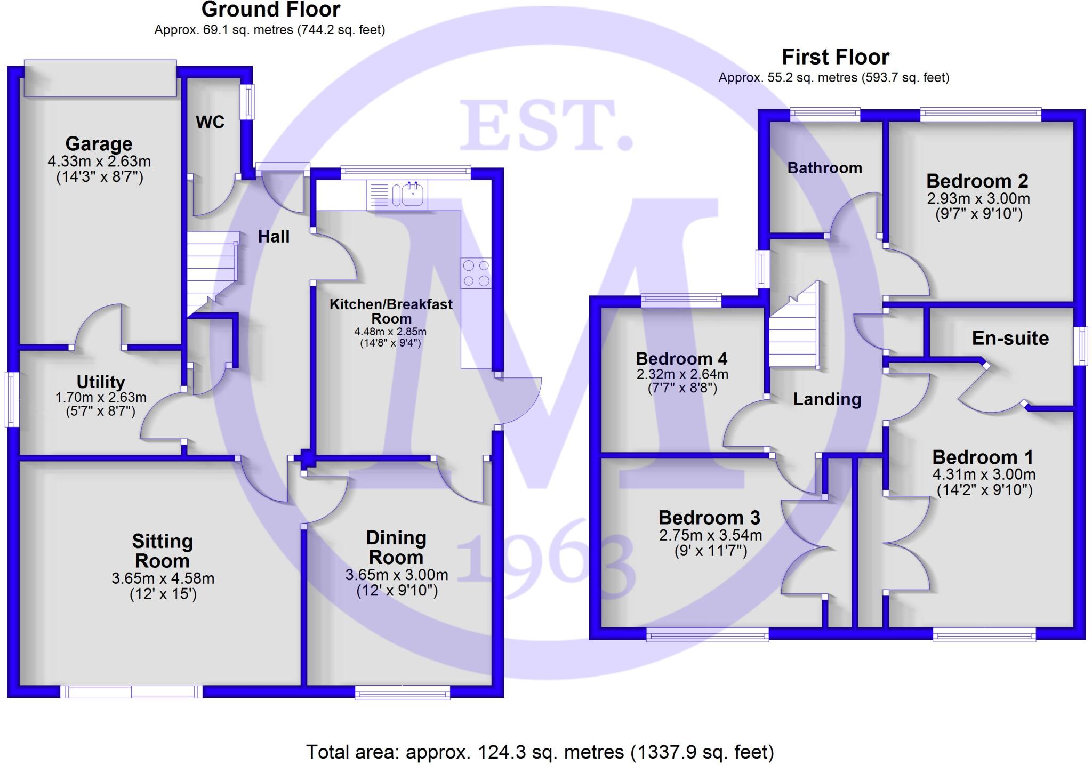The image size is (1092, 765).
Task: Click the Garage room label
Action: [x=99, y=144]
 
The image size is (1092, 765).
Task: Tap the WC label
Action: [x=210, y=122]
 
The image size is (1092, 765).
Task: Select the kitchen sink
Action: [x=409, y=195]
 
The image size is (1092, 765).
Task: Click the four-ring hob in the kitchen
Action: [x=476, y=273]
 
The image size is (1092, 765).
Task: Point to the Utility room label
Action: [x=101, y=382]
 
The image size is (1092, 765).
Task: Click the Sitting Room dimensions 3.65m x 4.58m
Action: [x=163, y=578]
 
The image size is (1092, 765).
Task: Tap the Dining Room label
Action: [x=396, y=547]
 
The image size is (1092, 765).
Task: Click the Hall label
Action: [x=274, y=236]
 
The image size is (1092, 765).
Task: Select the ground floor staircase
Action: [x=212, y=272]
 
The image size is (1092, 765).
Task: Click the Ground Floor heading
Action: [x=271, y=10]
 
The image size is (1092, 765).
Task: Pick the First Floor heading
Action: [x=836, y=57]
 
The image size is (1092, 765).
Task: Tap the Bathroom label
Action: [x=824, y=168]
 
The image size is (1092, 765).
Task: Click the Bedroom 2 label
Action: [x=977, y=181]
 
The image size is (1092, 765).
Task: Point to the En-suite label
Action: [x=1010, y=338]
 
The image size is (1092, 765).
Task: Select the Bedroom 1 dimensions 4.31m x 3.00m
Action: [x=984, y=474]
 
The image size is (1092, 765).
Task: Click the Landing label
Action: [x=827, y=399]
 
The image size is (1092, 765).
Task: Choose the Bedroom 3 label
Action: [x=709, y=518]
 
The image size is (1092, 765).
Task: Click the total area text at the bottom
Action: [x=540, y=752]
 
